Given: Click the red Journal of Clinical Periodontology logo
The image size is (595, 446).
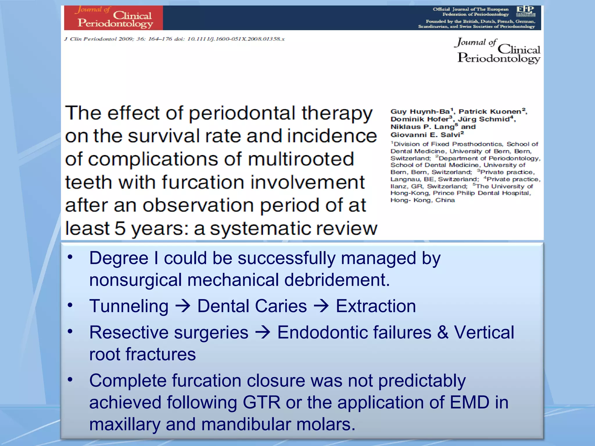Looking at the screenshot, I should [113, 18].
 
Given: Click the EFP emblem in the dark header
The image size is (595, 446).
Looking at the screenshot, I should [526, 11].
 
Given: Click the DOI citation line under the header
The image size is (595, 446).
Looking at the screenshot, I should [174, 39].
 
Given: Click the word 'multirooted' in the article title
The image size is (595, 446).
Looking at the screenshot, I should [300, 159].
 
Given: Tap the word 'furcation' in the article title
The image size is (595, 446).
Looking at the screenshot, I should [203, 182].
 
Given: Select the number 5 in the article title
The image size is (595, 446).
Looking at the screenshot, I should [120, 228].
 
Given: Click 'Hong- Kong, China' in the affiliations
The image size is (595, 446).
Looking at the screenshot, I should [422, 200].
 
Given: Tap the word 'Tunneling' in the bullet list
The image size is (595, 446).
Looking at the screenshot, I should [129, 306].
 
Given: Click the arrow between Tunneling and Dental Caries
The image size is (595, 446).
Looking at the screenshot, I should [183, 306].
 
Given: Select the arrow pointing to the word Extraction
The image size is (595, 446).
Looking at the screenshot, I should [321, 306].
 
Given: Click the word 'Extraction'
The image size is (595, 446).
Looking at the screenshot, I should [376, 306].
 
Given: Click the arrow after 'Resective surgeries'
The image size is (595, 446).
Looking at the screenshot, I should [263, 332].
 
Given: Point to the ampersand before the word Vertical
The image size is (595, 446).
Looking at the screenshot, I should [443, 332].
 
